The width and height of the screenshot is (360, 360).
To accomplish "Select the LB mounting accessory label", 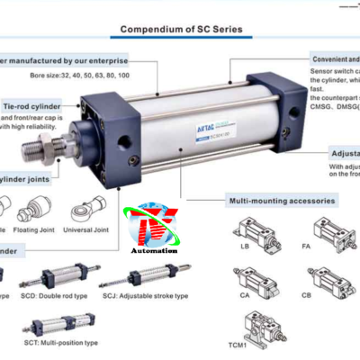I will (x=244, y=247).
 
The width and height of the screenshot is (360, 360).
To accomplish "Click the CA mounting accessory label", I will (x=245, y=293).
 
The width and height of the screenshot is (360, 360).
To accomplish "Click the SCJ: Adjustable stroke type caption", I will (x=145, y=295).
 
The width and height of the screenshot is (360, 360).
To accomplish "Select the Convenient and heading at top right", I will (x=334, y=57).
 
